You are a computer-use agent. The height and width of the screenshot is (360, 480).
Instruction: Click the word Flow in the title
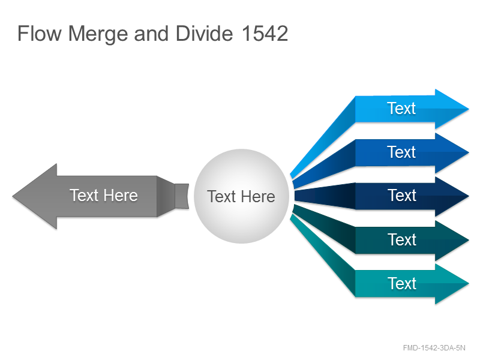coord(40,34)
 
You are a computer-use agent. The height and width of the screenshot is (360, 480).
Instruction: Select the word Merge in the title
coord(98,34)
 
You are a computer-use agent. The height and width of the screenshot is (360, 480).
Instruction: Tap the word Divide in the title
coord(204,34)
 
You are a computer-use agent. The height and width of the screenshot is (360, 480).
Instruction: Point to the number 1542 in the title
coord(265,34)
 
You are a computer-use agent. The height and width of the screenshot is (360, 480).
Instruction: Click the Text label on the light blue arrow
coord(401,109)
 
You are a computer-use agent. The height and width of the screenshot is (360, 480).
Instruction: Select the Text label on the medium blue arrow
coord(401,152)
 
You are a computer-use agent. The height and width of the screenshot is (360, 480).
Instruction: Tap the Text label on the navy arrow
coord(402,196)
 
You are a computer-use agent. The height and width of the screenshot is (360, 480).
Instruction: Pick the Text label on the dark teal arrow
coord(402,239)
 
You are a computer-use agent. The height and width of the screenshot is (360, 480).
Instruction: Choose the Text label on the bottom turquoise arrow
coord(402,283)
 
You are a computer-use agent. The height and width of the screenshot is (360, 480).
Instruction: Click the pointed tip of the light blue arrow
coord(469,109)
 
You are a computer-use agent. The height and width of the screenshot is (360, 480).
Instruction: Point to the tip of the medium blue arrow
coord(469,152)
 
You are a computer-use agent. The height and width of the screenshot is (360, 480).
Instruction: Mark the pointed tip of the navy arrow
coord(469,196)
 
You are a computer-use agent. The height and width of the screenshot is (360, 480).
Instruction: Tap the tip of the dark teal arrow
coord(469,240)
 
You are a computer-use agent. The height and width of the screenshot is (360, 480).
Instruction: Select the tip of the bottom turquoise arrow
coord(469,284)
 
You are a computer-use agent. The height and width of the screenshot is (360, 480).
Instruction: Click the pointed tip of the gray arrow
coord(13,196)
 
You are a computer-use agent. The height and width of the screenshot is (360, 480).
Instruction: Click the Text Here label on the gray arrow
coord(103,196)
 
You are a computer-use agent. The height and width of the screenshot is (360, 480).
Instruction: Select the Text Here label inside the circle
coord(241,197)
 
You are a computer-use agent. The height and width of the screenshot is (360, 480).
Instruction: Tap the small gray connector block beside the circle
coord(182,196)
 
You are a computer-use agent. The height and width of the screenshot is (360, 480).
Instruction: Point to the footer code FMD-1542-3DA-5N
coord(434,348)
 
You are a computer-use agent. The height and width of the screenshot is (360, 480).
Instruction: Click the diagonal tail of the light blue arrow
coord(323,137)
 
